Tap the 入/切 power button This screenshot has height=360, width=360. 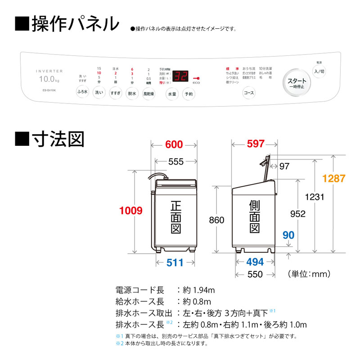319,71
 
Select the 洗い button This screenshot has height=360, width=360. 99,94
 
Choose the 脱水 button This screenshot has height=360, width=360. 131,94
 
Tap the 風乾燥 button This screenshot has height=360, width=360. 148,94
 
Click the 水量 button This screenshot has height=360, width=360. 172,94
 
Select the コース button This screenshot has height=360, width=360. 248,93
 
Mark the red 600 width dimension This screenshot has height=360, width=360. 174,144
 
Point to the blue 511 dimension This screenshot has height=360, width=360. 175,263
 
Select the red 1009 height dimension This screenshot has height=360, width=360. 131,210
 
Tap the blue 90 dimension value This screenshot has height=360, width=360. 288,235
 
